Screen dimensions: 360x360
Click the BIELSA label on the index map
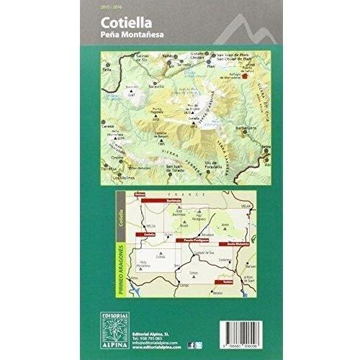152,223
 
